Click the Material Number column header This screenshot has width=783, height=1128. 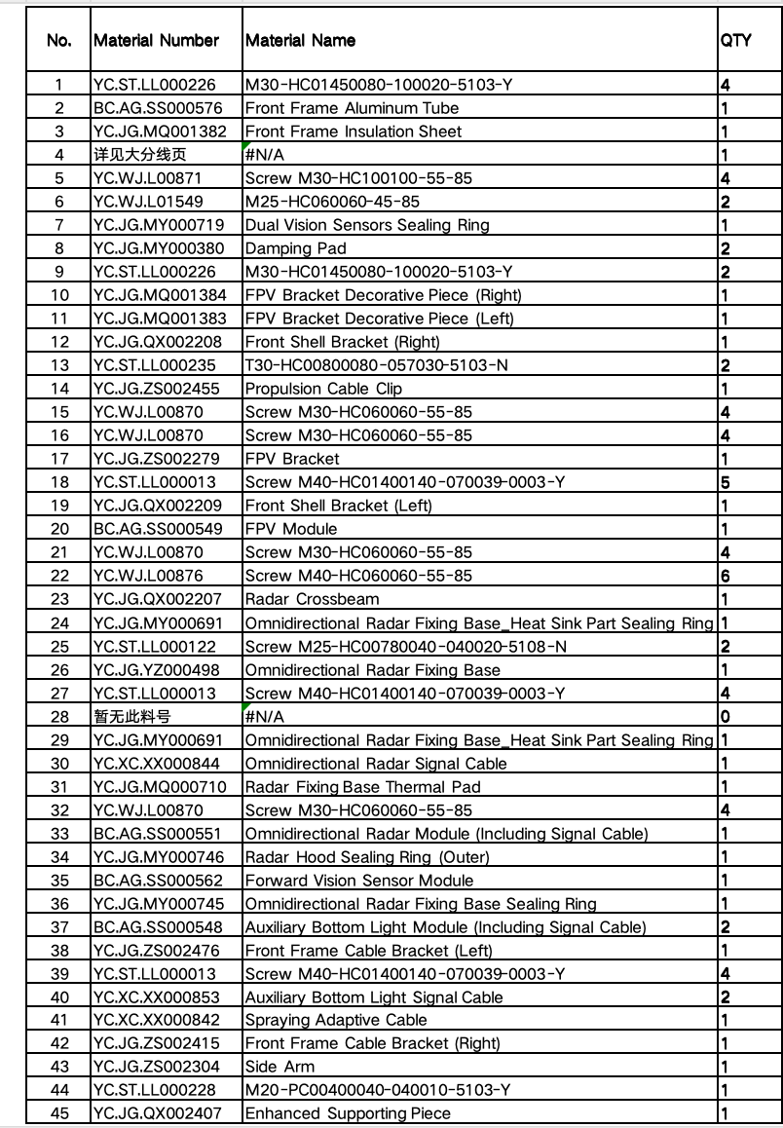coord(156,41)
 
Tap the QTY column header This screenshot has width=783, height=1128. coord(735,41)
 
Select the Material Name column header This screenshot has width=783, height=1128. coord(300,41)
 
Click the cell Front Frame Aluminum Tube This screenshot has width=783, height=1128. coord(352,108)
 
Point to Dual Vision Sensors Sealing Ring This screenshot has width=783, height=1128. coord(367,225)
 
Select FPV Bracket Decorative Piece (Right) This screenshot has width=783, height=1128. coord(383,295)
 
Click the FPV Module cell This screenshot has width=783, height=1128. coord(291,529)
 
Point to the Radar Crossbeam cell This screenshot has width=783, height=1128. coord(312,599)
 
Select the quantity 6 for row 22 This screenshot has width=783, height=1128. coord(726,576)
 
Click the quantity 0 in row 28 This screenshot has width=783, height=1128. coord(726,716)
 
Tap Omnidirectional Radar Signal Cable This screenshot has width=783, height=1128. coord(376,764)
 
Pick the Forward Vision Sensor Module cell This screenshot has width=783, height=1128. coord(358,881)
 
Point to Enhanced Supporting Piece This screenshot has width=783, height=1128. coord(348,1113)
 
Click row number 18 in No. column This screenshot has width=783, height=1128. coord(59,482)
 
